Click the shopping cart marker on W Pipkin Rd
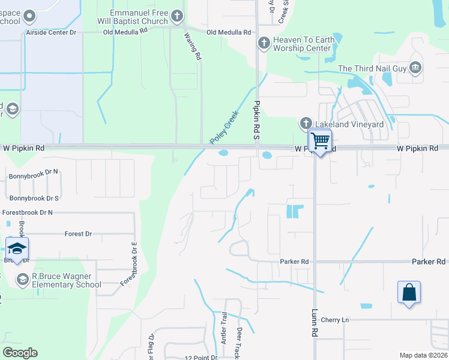320,142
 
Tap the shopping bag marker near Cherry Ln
409,293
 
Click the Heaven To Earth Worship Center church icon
263,43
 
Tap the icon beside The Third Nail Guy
415,68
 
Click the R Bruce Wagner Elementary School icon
23,280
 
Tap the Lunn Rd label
315,323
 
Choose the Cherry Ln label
334,320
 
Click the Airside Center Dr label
51,32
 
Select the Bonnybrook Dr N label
34,177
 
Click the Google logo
20,353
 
